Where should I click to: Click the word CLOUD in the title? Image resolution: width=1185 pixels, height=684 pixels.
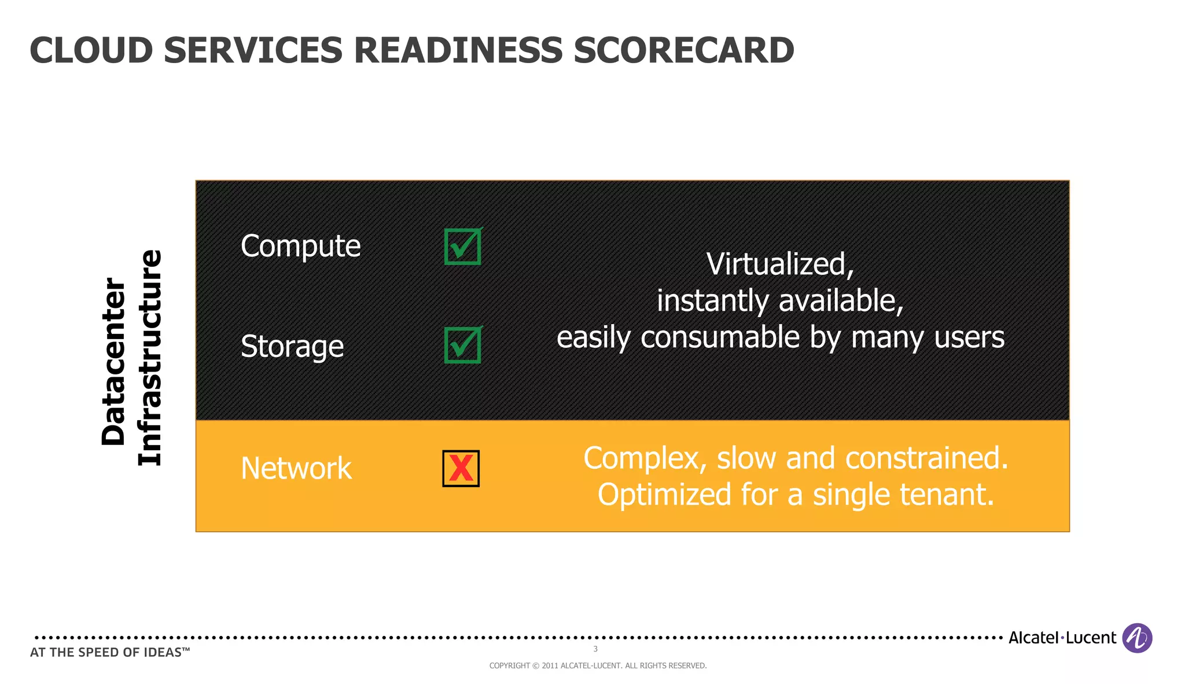tap(91, 51)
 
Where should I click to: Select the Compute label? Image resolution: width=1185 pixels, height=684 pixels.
tap(300, 246)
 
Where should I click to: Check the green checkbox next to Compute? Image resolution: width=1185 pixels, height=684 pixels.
tap(462, 247)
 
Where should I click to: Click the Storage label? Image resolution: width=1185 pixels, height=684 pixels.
tap(292, 347)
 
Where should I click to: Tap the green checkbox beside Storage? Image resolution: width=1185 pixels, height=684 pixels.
tap(462, 345)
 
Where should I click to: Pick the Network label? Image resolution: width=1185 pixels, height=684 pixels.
tap(296, 468)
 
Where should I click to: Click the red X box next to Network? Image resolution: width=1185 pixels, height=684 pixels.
tap(461, 468)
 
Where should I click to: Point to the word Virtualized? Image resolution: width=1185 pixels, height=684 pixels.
tap(779, 264)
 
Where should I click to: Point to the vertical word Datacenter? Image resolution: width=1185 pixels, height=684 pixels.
tap(113, 362)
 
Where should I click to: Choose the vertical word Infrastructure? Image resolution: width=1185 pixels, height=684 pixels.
tap(150, 358)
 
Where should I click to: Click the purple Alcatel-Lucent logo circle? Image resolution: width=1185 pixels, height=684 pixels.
tap(1136, 638)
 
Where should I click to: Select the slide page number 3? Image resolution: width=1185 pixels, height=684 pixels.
tap(595, 649)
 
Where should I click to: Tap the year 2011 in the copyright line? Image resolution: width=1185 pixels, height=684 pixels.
tap(550, 666)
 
